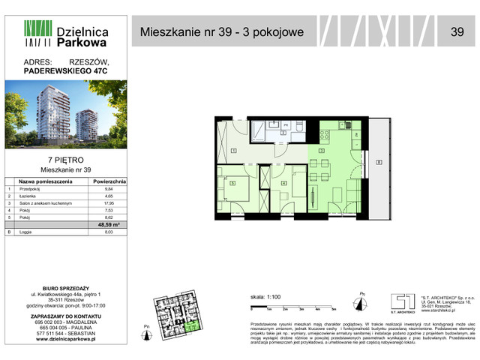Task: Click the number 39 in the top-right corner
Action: coord(457,31)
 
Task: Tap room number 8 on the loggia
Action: coord(380,162)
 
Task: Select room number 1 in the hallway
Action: coord(233,151)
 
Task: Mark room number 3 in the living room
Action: coord(321,151)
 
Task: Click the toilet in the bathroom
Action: coord(298,128)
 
